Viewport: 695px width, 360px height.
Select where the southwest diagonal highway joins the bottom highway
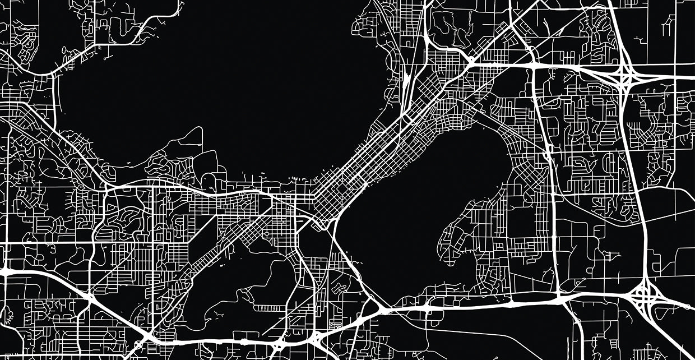click(147, 336)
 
